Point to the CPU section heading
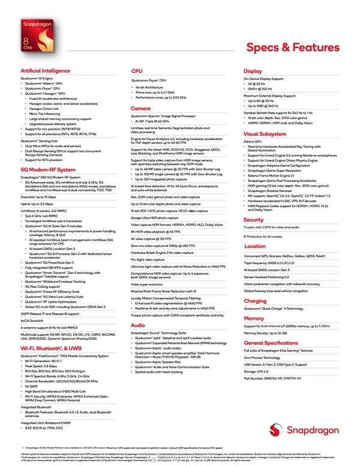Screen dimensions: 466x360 click(x=137, y=71)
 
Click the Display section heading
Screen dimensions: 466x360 click(x=253, y=71)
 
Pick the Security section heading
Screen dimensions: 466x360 click(x=254, y=220)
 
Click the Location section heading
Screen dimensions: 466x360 click(x=254, y=246)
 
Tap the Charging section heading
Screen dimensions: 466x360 click(x=255, y=301)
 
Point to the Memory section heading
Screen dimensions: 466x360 click(x=254, y=318)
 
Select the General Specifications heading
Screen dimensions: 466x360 click(x=271, y=343)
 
